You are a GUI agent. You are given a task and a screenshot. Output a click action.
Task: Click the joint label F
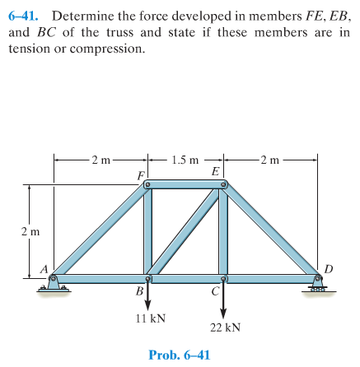[x=141, y=175]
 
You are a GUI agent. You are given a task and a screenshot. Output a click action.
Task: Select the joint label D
[x=329, y=268]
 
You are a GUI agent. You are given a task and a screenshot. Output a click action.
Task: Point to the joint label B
[x=140, y=292]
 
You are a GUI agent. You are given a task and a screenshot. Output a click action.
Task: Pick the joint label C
[x=214, y=292]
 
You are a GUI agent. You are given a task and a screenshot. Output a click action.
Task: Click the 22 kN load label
[x=224, y=327]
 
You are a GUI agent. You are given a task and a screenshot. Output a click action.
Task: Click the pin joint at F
[x=147, y=185]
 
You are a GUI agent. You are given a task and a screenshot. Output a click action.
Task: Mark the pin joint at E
[x=222, y=185]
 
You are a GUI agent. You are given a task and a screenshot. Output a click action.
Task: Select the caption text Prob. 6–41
[x=180, y=355]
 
